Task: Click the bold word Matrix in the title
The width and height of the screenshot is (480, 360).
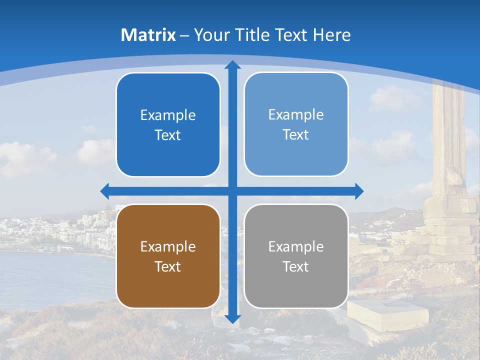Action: [x=148, y=35]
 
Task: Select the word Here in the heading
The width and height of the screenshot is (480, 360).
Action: [x=331, y=35]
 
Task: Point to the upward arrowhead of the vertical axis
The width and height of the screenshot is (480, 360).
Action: [x=232, y=64]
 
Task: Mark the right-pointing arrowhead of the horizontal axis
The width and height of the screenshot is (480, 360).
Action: [x=359, y=191]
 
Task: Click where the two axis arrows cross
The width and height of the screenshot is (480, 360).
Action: [x=232, y=191]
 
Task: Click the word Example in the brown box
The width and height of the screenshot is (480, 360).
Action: [x=168, y=246]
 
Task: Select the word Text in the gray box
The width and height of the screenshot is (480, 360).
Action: [x=296, y=266]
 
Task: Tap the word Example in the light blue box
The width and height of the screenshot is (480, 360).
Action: [x=296, y=115]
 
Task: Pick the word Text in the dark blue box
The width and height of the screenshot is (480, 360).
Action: [x=168, y=135]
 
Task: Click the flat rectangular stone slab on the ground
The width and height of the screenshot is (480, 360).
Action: [x=388, y=312]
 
